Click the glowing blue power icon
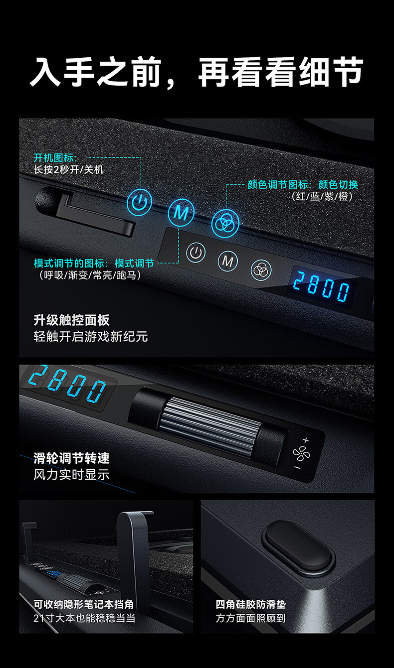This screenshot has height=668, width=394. tap(139, 202)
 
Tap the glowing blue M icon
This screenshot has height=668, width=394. tap(181, 213)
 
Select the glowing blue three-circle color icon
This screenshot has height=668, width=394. tap(225, 223)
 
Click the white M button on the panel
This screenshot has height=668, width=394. tap(228, 262)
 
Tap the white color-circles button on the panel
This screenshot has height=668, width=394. tap(261, 270)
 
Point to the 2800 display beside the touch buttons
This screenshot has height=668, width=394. tap(321, 286)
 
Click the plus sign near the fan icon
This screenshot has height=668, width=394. tap(306, 440)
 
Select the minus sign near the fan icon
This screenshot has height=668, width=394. tap(297, 467)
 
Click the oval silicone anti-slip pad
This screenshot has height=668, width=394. tap(298, 549)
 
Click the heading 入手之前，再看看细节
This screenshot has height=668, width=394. tap(197, 72)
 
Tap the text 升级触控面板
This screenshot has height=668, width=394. tap(72, 320)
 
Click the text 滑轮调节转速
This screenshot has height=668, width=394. tap(72, 458)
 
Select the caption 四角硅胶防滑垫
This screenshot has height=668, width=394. tap(251, 604)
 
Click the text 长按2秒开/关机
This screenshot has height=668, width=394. tap(69, 170)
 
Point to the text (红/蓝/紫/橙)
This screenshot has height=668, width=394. tap(322, 196)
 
